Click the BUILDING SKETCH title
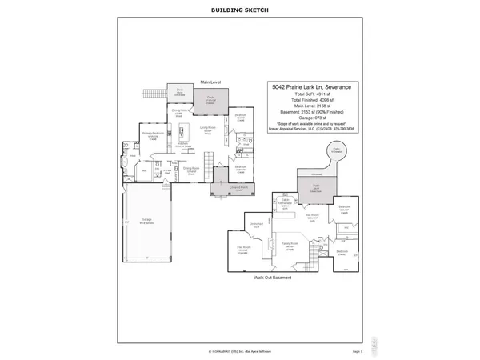[x=239, y=10]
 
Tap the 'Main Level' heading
[x=210, y=81]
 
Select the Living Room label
[x=210, y=126]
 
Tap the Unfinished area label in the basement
[x=256, y=224]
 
